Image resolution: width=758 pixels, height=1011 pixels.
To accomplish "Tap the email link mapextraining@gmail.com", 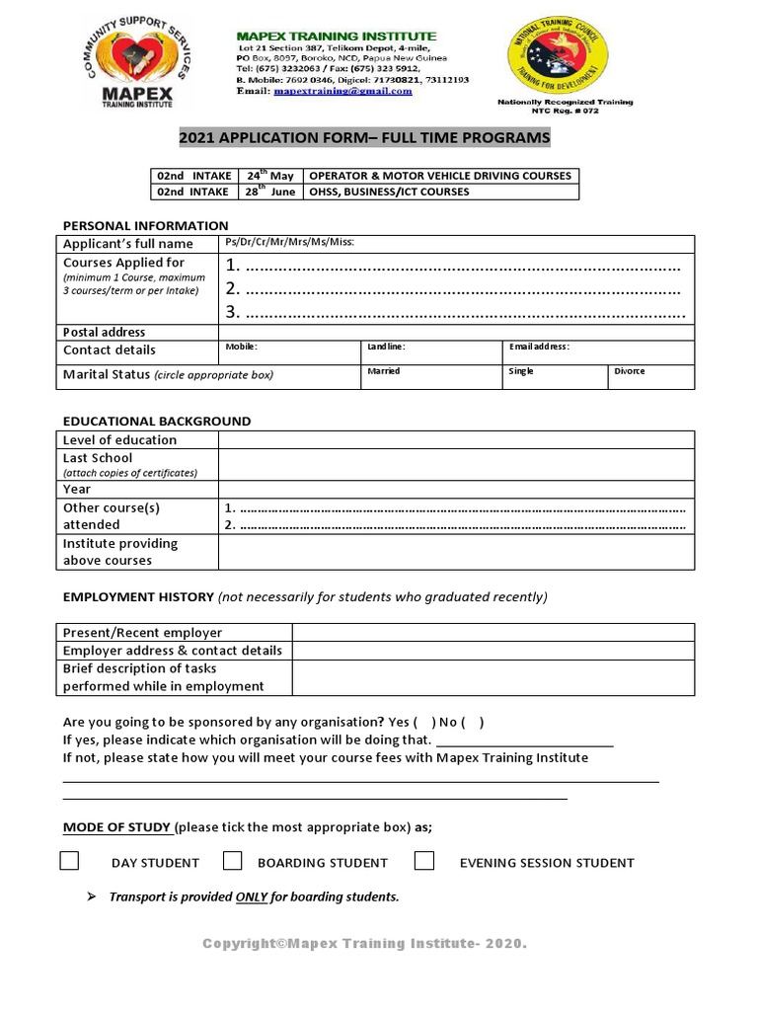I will pyautogui.click(x=342, y=91).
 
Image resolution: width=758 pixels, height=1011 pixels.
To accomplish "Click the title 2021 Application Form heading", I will pyautogui.click(x=364, y=137).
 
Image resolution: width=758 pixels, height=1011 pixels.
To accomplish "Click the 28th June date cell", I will pyautogui.click(x=270, y=192).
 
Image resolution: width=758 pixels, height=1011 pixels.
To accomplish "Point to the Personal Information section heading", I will pyautogui.click(x=145, y=225).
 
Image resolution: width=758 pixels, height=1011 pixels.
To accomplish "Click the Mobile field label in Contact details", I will pyautogui.click(x=241, y=348).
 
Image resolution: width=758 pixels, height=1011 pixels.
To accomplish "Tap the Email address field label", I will pyautogui.click(x=539, y=348).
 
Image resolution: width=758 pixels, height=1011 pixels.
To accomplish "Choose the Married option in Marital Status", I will pyautogui.click(x=383, y=371).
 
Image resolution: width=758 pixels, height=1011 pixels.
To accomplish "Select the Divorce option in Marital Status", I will pyautogui.click(x=630, y=371).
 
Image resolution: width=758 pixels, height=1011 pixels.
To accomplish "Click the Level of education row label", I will pyautogui.click(x=119, y=440).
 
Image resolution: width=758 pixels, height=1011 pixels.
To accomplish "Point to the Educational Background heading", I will pyautogui.click(x=157, y=421).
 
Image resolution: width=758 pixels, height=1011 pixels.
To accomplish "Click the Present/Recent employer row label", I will pyautogui.click(x=142, y=633).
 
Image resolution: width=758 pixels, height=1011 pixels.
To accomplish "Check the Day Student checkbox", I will pyautogui.click(x=69, y=861).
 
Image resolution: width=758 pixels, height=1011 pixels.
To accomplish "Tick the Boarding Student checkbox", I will pyautogui.click(x=232, y=861).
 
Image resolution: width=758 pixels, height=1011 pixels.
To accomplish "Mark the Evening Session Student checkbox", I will pyautogui.click(x=424, y=861).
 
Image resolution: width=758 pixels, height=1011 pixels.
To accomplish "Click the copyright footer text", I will pyautogui.click(x=364, y=944).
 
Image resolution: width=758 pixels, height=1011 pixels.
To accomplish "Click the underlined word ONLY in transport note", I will pyautogui.click(x=251, y=897).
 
